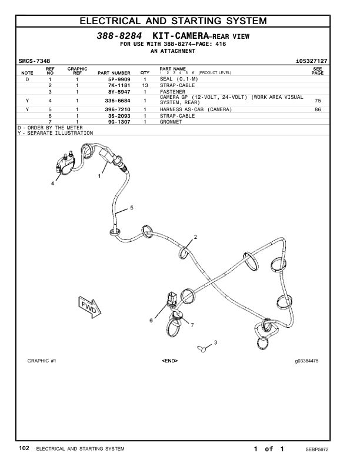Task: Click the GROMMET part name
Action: tap(171, 122)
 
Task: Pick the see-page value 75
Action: tap(318, 101)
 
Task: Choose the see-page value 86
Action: tap(318, 109)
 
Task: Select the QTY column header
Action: tap(145, 73)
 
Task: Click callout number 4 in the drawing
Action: tap(52, 184)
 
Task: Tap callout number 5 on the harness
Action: tap(131, 208)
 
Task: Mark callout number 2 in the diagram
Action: tap(195, 237)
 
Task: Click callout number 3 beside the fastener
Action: tap(215, 342)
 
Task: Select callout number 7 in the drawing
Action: tap(192, 325)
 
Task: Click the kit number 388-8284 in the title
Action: tap(119, 36)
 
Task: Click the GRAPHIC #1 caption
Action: tap(42, 360)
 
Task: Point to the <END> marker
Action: tap(169, 360)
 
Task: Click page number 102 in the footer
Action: tap(24, 449)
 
